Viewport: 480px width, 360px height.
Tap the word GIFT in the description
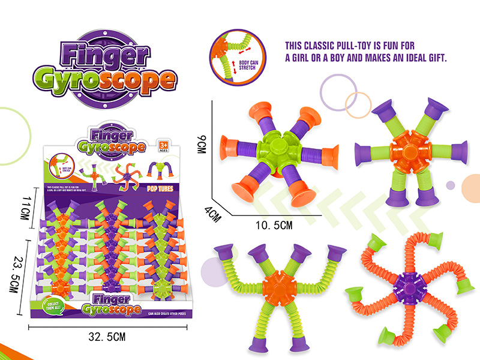(435, 59)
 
